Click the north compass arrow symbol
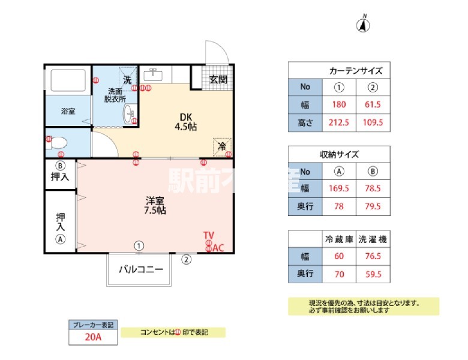[364, 25]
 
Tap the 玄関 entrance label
[218, 79]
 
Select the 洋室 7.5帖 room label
[155, 205]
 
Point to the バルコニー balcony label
[140, 269]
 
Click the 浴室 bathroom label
[67, 111]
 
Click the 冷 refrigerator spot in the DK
[221, 146]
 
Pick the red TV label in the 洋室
[208, 235]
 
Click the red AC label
[218, 247]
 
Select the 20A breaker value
[92, 337]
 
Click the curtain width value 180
[339, 105]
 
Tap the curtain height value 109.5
[373, 123]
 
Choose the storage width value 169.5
[339, 188]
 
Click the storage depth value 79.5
[373, 206]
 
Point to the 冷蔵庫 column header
[339, 239]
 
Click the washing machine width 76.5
[373, 257]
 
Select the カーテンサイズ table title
[356, 71]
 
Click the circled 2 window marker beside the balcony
[187, 260]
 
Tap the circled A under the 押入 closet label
[60, 239]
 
